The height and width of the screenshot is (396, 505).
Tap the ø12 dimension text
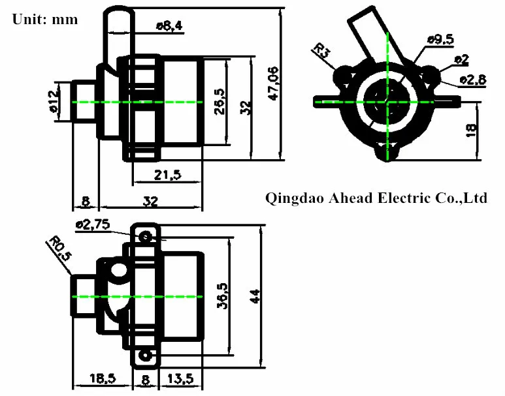(x=54, y=102)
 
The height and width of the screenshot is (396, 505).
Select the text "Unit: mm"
(x=44, y=19)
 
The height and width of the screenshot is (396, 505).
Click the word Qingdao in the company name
(x=293, y=198)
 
